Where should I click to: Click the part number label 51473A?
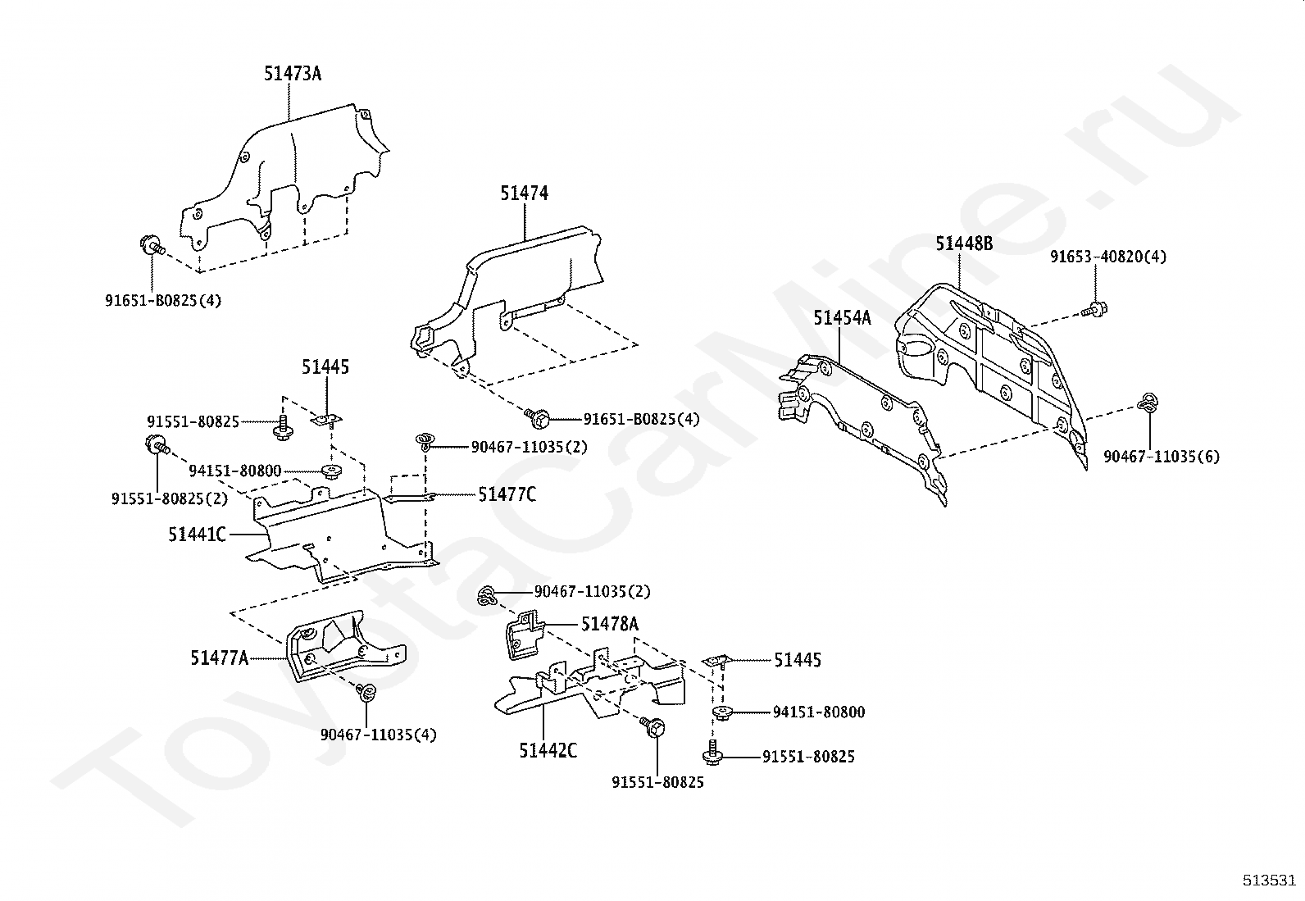[x=293, y=74]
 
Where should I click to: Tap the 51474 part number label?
[x=525, y=193]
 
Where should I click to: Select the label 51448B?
[x=964, y=243]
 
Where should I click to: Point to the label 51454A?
[x=842, y=318]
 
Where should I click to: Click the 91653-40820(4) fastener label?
[x=1108, y=257]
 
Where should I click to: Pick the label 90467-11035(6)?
[x=1161, y=457]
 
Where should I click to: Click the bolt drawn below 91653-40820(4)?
[x=1094, y=309]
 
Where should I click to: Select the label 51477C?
[x=507, y=495]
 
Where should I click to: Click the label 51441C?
[x=197, y=535]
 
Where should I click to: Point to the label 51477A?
[x=220, y=658]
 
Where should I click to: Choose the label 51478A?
[x=610, y=625]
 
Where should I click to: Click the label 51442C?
[x=548, y=751]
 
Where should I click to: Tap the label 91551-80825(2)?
[x=170, y=499]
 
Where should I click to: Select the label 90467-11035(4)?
[x=378, y=735]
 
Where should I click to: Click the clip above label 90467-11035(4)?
[x=366, y=692]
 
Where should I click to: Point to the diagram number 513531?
[x=1270, y=881]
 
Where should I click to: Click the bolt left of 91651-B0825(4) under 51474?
[x=537, y=417]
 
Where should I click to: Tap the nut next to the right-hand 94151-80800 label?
[x=722, y=712]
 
